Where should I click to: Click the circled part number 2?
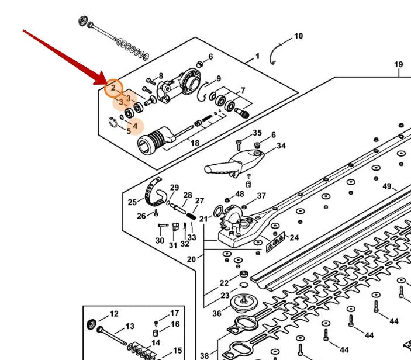pos(113,88)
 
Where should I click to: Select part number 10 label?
pos(299,36)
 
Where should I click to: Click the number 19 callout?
pos(399,64)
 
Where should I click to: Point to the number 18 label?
pos(195,143)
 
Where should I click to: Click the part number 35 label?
pos(257,133)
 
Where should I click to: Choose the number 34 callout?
pos(281,146)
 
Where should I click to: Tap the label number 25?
pos(132,202)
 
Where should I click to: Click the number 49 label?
pos(387,186)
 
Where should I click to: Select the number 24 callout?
pos(294,237)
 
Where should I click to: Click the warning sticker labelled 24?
pos(275,242)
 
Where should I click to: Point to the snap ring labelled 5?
pos(113,123)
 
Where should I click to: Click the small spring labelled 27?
pos(191,216)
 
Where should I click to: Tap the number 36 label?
pos(217,313)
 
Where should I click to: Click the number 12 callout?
pos(114,314)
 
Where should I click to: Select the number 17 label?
pos(175,313)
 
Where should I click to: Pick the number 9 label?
pos(219,78)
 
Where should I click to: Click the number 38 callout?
pos(205,355)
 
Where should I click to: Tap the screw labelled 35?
pos(239,145)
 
